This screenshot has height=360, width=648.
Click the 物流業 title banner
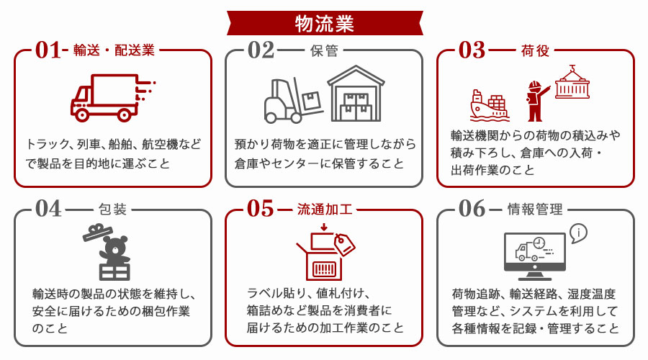[324, 23]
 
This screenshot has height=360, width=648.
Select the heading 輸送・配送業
[114, 51]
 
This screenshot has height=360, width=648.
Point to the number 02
[261, 51]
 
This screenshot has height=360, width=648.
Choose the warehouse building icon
[356, 94]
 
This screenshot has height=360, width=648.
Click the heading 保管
[323, 51]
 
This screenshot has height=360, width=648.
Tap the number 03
[472, 51]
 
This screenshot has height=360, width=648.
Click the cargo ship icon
[489, 106]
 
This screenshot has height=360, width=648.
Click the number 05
[261, 210]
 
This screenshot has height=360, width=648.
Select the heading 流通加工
[324, 210]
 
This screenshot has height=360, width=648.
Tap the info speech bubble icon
[578, 233]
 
